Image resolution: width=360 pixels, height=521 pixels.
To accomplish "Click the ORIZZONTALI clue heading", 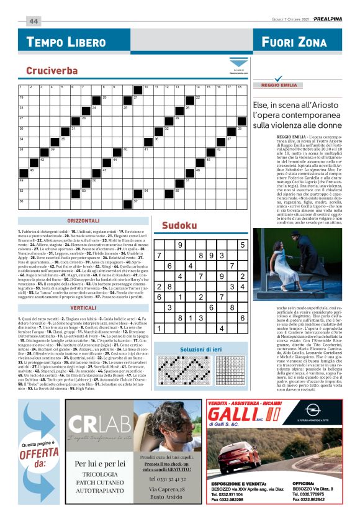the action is pos(85,222).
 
